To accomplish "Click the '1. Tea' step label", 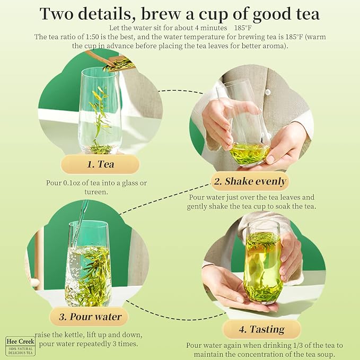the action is [x=100, y=164].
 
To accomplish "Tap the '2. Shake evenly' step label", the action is [x=250, y=181].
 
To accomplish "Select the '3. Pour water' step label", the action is [x=90, y=317].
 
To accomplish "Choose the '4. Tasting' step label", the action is [x=261, y=329].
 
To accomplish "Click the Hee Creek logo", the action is [x=21, y=346].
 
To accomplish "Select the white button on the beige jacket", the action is [x=267, y=92].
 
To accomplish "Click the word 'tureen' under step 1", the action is [x=96, y=192].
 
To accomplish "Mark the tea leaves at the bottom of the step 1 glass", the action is [x=101, y=149].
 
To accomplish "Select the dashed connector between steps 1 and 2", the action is [x=181, y=91].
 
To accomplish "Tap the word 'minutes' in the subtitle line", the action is [x=214, y=28].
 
